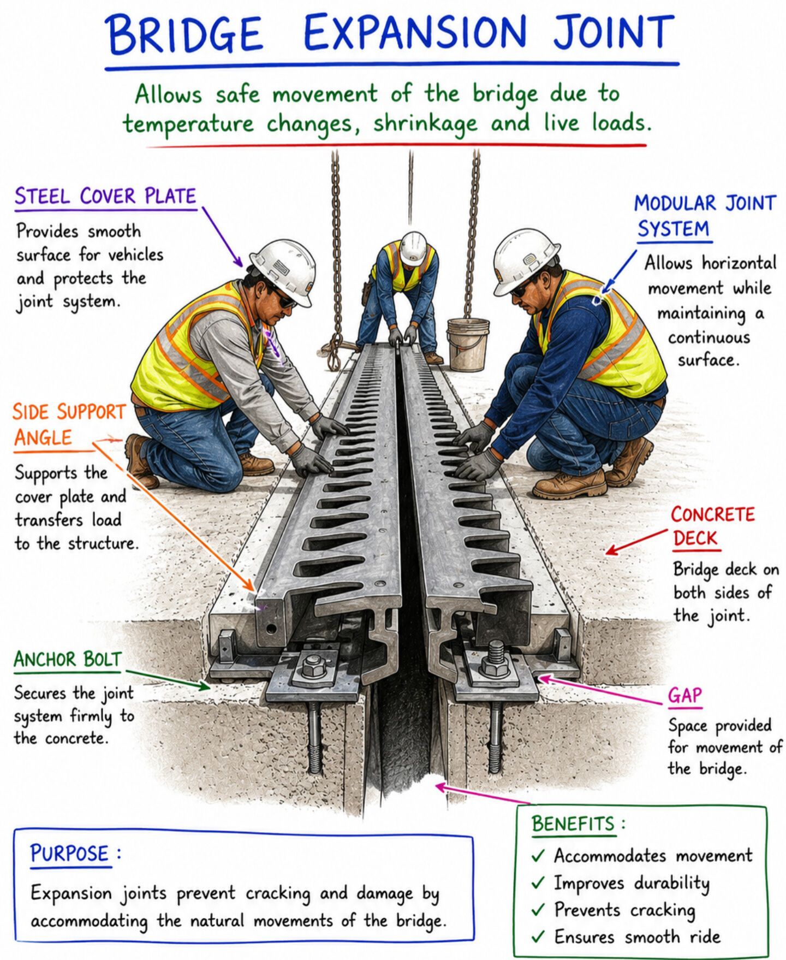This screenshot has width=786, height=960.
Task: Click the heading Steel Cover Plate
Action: click(105, 196)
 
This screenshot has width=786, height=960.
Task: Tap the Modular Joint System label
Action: click(704, 216)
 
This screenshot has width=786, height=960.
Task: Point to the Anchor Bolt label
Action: click(67, 659)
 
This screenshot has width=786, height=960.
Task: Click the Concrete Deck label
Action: click(712, 526)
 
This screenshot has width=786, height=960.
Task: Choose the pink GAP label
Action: click(684, 695)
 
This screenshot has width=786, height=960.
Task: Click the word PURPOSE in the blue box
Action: click(70, 853)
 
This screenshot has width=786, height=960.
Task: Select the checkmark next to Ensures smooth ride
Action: click(538, 937)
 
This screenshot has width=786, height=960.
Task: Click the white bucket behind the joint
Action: click(468, 344)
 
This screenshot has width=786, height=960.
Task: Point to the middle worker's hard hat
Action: click(413, 247)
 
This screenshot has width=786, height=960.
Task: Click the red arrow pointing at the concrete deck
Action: click(636, 542)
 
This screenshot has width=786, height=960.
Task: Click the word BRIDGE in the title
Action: click(186, 33)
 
